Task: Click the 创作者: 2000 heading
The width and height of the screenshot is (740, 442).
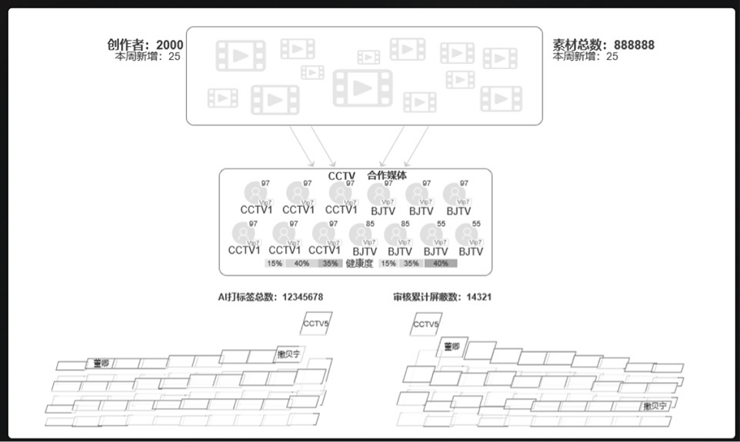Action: [145, 45]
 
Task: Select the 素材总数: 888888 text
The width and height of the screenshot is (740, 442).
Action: [604, 45]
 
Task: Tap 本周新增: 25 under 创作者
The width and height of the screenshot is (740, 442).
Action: [148, 57]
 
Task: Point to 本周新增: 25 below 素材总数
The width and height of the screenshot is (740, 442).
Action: [585, 57]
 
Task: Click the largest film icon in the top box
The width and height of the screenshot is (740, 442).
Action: [362, 88]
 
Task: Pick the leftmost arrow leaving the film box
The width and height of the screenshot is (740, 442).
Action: [302, 146]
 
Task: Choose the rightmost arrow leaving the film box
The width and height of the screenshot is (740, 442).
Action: [416, 146]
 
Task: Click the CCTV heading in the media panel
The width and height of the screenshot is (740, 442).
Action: [342, 176]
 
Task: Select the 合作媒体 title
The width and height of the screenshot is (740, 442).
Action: [387, 176]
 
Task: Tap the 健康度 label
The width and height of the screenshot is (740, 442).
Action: [359, 264]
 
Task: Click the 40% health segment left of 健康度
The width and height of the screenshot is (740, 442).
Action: [302, 264]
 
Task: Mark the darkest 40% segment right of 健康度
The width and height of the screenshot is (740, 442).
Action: [441, 264]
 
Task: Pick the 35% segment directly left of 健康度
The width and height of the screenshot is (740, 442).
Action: [330, 264]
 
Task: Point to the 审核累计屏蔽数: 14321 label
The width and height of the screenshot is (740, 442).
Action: [442, 296]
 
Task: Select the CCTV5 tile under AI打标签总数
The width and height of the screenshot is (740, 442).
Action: [315, 324]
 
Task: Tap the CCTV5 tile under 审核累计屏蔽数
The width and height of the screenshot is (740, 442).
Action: [426, 324]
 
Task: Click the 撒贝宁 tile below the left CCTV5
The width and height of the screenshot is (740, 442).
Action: [289, 355]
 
